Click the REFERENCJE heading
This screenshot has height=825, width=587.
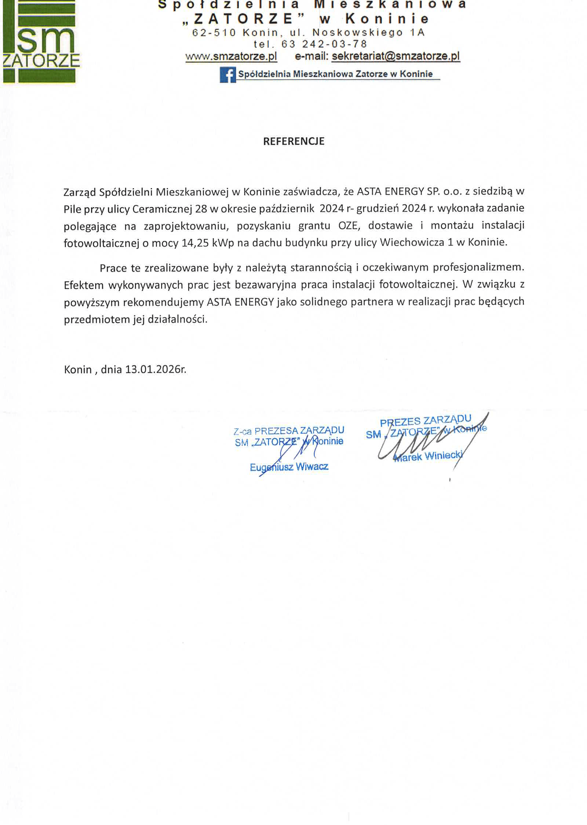(x=293, y=142)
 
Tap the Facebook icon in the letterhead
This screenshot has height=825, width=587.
(x=227, y=75)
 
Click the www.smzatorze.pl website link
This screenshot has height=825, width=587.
(x=231, y=56)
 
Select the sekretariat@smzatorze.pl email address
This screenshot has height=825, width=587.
(x=395, y=56)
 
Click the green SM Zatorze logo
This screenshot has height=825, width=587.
(x=40, y=42)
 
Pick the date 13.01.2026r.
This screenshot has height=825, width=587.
(x=156, y=369)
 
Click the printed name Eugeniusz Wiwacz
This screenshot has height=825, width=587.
(x=289, y=467)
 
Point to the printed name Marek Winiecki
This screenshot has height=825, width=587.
(x=428, y=456)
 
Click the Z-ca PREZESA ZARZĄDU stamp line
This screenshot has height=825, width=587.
(x=289, y=430)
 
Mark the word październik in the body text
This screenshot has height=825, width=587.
(x=286, y=209)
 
